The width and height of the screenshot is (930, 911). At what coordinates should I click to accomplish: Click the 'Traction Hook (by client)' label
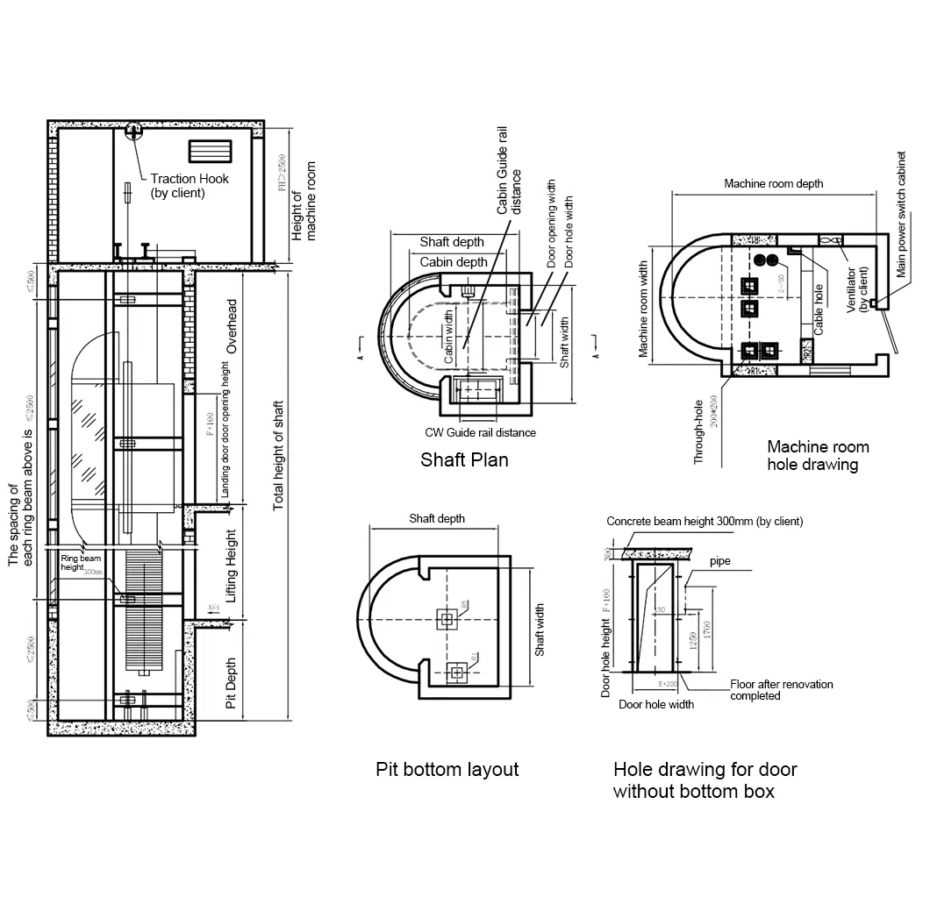pyautogui.click(x=189, y=185)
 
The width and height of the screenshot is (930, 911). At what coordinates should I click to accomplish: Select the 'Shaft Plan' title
pyautogui.click(x=464, y=459)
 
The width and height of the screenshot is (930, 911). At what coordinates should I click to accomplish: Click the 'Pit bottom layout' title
pyautogui.click(x=447, y=769)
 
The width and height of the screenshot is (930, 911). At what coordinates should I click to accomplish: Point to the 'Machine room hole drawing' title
pyautogui.click(x=818, y=455)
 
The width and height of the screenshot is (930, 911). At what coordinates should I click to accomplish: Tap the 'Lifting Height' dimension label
pyautogui.click(x=232, y=565)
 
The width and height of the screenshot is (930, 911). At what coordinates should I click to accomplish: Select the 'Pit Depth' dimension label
pyautogui.click(x=232, y=683)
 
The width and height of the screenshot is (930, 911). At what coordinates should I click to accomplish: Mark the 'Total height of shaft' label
pyautogui.click(x=279, y=455)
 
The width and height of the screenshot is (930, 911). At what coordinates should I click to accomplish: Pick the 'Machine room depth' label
pyautogui.click(x=773, y=184)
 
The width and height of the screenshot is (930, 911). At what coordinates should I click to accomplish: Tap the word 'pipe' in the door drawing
pyautogui.click(x=720, y=560)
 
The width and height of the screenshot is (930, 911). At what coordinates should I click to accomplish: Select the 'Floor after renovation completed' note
pyautogui.click(x=781, y=689)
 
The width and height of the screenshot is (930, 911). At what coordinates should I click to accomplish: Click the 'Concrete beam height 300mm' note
pyautogui.click(x=705, y=521)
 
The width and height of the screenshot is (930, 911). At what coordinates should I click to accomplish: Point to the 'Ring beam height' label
pyautogui.click(x=81, y=562)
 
